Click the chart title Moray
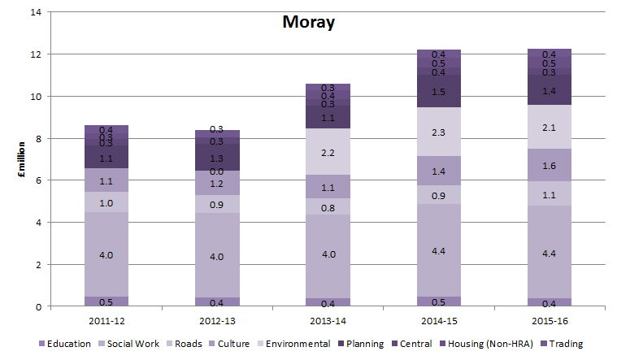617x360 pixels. click(x=308, y=22)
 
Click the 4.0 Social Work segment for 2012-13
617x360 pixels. click(x=217, y=257)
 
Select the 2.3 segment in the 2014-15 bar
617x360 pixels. click(x=439, y=132)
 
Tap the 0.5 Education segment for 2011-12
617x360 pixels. click(x=106, y=301)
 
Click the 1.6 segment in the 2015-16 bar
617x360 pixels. click(x=550, y=165)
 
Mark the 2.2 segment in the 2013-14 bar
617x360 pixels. click(x=328, y=152)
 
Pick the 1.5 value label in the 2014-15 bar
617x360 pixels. click(x=439, y=92)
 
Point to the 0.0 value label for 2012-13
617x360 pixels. click(x=217, y=171)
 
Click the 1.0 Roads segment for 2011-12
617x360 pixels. click(x=106, y=202)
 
